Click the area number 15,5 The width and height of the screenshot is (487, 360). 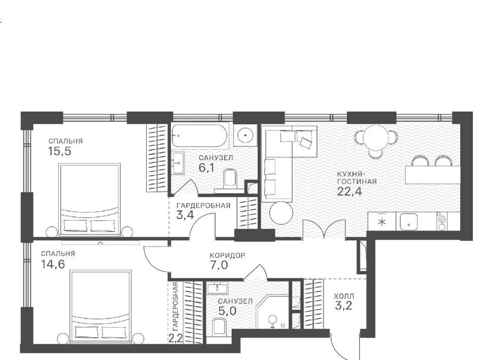coord(60,152)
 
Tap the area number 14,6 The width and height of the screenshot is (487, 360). coord(53,264)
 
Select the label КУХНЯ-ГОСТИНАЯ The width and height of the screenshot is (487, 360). coord(357,177)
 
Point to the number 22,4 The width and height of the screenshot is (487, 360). coord(350,191)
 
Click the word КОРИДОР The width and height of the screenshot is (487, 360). coord(227,256)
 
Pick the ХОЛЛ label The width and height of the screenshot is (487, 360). coord(344,296)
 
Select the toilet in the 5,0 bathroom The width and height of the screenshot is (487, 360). coord(220,327)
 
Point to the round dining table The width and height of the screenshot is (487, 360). coord(376,137)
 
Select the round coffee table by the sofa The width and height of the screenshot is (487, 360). coord(281,213)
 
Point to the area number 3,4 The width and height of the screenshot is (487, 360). coord(185,215)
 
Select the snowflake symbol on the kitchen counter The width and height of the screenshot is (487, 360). coord(382,222)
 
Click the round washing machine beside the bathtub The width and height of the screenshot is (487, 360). coord(246,135)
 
